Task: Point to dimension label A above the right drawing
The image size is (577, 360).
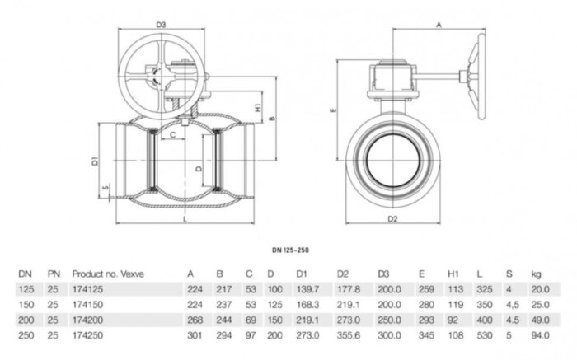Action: (439, 26)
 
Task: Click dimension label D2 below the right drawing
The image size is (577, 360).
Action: (392, 218)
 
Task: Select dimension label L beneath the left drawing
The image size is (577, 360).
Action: (184, 220)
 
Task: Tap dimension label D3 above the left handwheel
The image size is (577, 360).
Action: (162, 26)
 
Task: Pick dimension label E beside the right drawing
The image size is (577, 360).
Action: (332, 107)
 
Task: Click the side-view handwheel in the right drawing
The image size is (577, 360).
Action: (477, 76)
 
